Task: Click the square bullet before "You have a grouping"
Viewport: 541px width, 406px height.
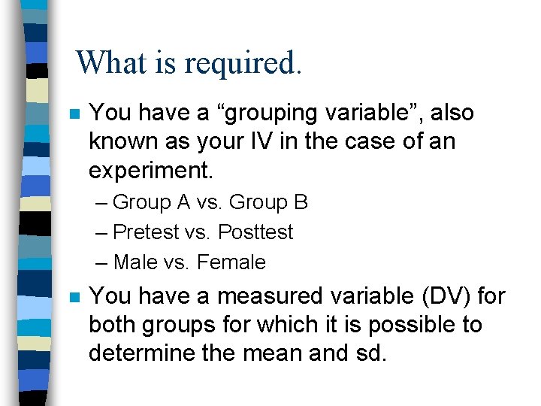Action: click(74, 115)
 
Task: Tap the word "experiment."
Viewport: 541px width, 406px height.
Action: click(150, 170)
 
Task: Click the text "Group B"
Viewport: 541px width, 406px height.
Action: click(268, 203)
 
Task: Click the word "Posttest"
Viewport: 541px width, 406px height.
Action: click(255, 232)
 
